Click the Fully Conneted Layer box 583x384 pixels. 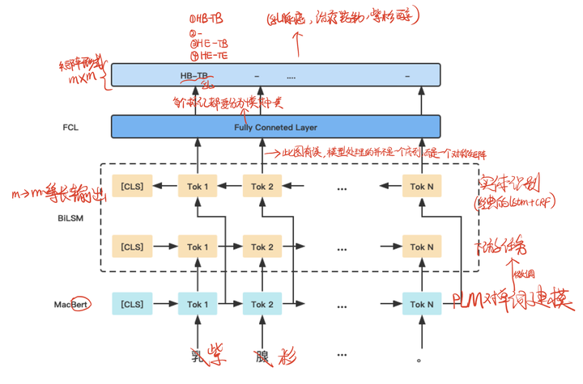pos(275,127)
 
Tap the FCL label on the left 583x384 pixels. pos(70,128)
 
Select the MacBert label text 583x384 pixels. pos(70,305)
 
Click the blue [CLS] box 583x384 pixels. pos(131,305)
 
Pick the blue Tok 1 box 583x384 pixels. pos(198,305)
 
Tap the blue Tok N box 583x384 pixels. pos(421,305)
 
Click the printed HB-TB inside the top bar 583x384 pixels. pos(194,75)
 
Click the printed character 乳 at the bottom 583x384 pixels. pos(196,357)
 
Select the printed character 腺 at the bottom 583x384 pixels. pos(261,357)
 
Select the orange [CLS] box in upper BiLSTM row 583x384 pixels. pos(131,187)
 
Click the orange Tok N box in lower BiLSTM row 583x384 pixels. pos(421,247)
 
